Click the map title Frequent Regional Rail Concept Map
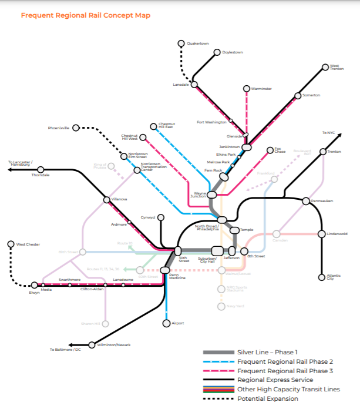[x=85, y=15]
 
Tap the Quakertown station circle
[x=181, y=43]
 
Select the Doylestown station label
[x=233, y=52]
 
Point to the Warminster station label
[x=261, y=89]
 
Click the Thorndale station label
[x=41, y=175]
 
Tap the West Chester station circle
[x=11, y=244]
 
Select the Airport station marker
[x=166, y=323]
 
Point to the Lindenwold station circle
[x=321, y=233]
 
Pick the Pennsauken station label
[x=322, y=201]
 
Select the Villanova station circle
[x=106, y=200]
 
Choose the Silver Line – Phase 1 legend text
[x=268, y=352]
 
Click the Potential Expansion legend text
[x=267, y=399]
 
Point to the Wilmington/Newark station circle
[x=92, y=345]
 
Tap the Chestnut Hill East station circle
[x=154, y=125]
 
